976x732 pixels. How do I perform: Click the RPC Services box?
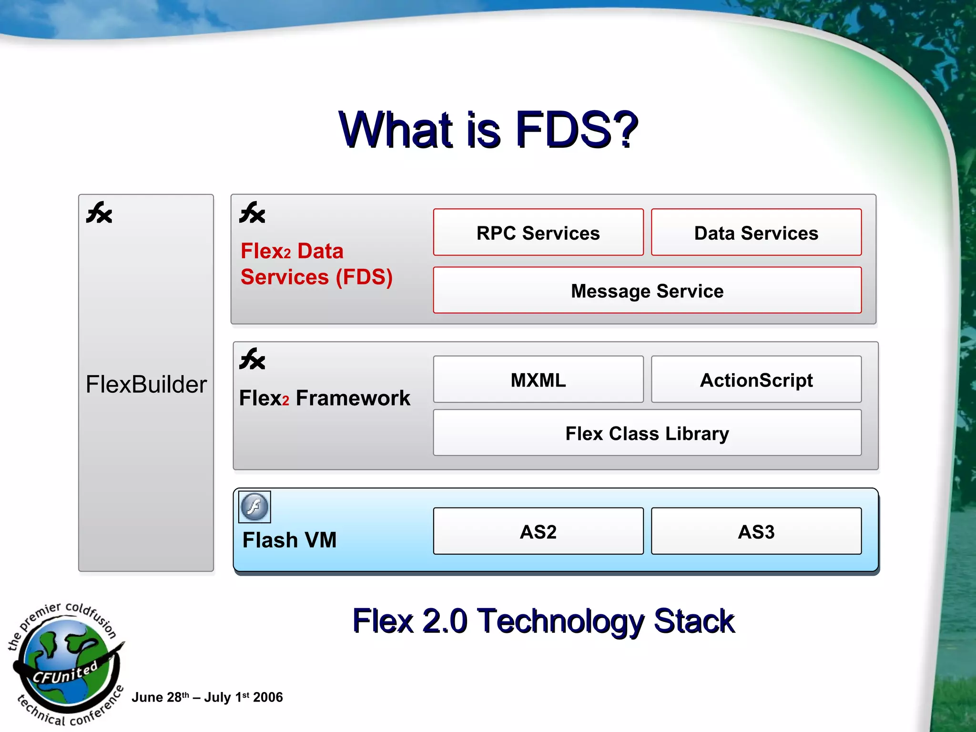point(538,233)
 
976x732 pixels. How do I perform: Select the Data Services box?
point(756,233)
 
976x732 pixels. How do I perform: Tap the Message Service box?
point(647,290)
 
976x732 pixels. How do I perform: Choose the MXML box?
point(538,380)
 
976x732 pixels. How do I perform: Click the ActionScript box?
point(756,380)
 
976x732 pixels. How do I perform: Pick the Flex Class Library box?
point(647,433)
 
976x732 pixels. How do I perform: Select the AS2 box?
point(538,531)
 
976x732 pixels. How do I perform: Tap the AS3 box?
point(756,531)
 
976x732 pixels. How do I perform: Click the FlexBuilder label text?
point(146,384)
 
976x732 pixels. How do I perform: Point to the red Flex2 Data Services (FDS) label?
point(316,264)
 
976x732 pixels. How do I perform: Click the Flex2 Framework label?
point(324,398)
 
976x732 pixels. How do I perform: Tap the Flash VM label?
point(289,540)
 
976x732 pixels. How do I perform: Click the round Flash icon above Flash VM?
point(254,507)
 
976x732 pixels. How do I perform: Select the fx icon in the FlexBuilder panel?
point(99,213)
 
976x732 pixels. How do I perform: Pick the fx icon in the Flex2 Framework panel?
point(252,359)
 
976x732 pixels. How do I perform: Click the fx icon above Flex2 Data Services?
point(252,213)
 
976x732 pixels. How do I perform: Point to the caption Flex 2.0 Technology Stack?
point(543,620)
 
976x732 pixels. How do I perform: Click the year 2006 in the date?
point(268,697)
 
